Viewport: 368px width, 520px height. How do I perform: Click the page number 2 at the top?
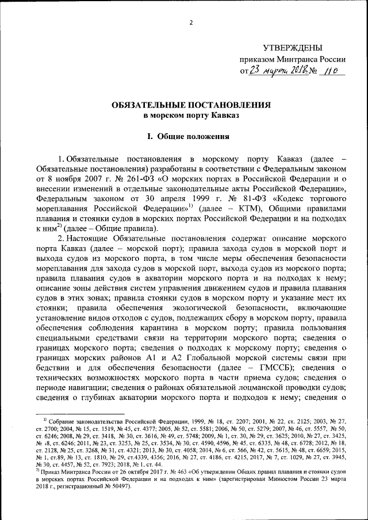tap(190, 22)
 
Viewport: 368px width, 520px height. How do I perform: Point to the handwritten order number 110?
tap(329, 71)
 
